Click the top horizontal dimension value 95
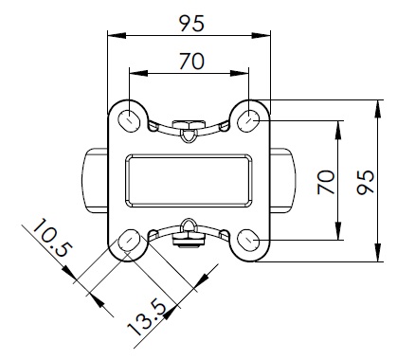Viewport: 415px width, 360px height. tap(192, 24)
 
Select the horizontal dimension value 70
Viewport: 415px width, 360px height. tap(192, 62)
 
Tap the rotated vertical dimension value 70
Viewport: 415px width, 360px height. tap(326, 182)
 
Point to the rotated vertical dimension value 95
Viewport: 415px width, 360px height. tap(366, 182)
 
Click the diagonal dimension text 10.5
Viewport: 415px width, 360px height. tap(52, 238)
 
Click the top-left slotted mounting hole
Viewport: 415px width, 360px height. tap(129, 120)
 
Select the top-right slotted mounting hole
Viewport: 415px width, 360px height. tap(249, 120)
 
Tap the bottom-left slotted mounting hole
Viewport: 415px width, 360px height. tap(129, 241)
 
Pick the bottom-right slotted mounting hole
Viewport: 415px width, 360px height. tap(249, 241)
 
